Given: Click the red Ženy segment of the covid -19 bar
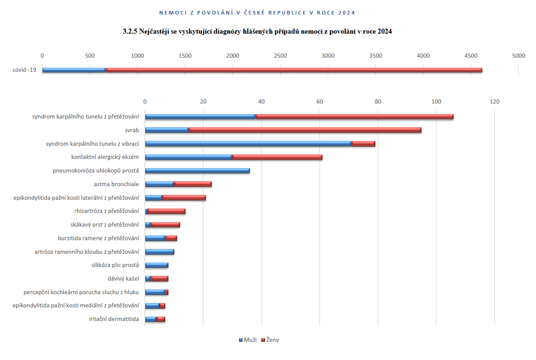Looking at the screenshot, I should coord(294,70).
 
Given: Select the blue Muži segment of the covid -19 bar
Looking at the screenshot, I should coord(74,70).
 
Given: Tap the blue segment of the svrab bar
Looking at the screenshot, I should coord(167,130).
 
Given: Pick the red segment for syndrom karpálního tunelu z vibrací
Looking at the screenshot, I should coord(363,144).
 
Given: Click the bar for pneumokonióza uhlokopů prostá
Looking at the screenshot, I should coord(197,171).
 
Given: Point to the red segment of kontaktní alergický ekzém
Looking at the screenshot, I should coord(277,158).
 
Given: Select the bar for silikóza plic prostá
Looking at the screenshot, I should coord(157,265).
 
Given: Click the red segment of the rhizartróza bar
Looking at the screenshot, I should coord(167,211).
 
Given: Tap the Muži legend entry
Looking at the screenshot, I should coord(247,340).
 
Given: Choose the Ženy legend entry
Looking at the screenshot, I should coord(270,340).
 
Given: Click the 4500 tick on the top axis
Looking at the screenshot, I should coord(471,56).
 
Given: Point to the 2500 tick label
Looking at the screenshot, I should coord(280,56).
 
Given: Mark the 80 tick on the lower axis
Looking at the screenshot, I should coord(378,102).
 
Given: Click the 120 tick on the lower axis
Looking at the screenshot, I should coord(494,102).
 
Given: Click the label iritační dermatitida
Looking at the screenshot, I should coord(114,319).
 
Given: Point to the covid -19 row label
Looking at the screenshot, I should coord(25,70).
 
